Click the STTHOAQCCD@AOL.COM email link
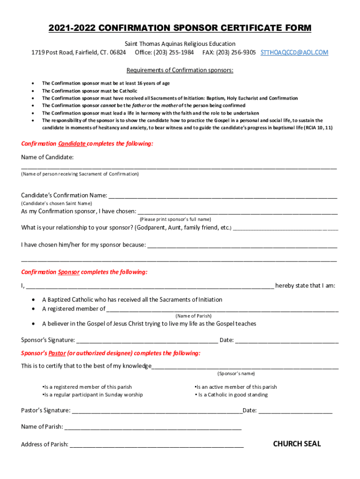(295, 52)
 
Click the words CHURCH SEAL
(297, 444)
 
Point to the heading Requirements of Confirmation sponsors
(180, 71)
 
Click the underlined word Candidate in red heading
(72, 144)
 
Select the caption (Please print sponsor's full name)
(175, 219)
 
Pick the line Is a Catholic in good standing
(233, 395)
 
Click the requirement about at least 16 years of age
(106, 83)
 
